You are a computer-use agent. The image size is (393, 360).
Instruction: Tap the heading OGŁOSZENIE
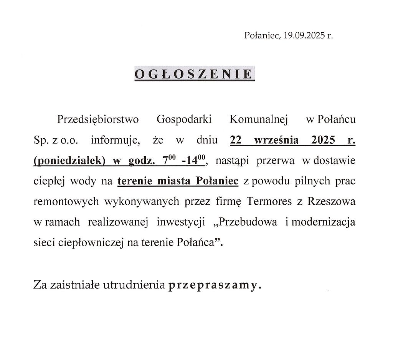pyautogui.click(x=194, y=74)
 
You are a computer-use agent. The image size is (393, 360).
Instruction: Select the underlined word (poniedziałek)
pyautogui.click(x=69, y=161)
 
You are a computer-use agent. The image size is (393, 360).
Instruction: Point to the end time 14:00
pyautogui.click(x=195, y=160)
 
